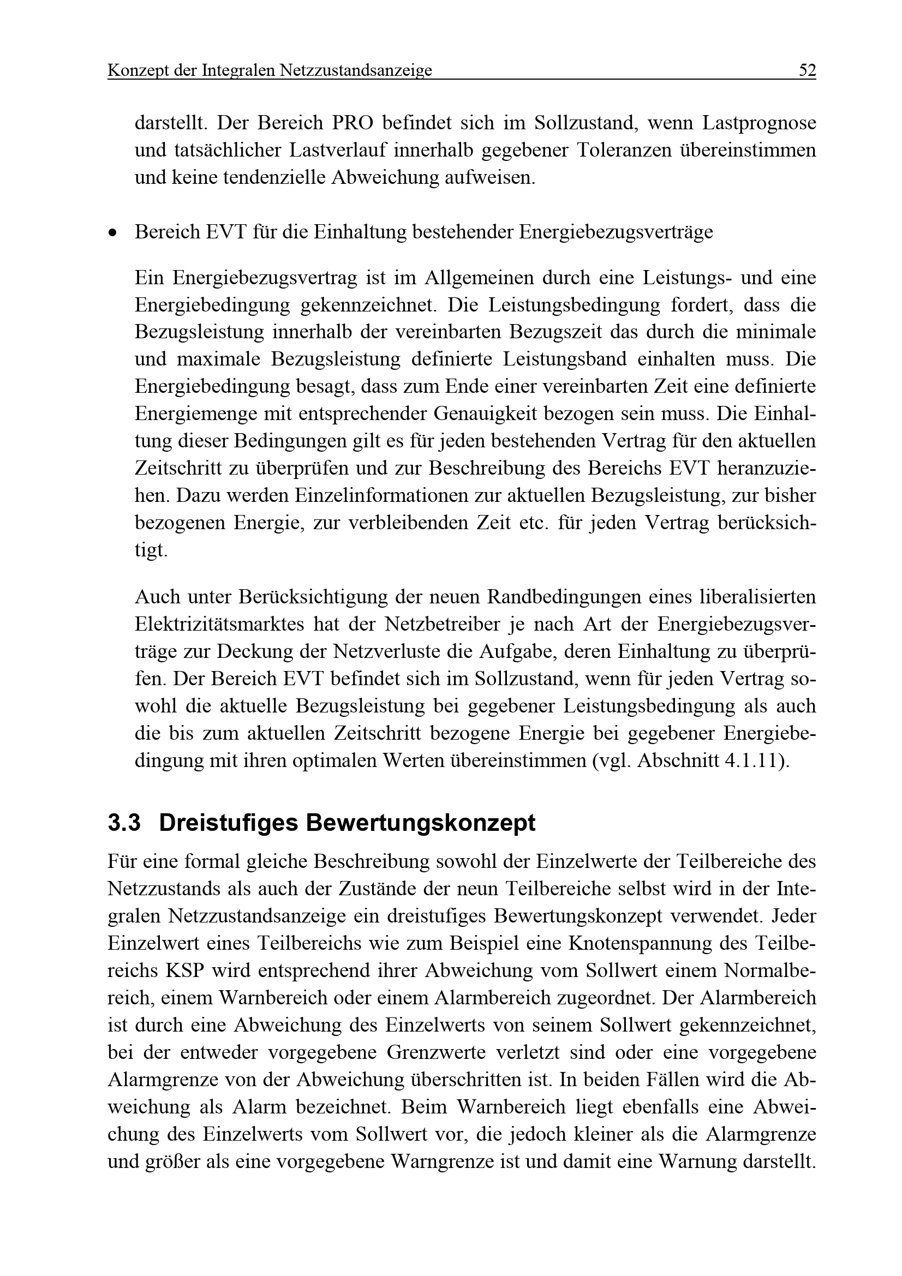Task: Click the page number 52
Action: pos(807,70)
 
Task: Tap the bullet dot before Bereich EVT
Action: pos(114,233)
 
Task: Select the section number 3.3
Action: pos(124,823)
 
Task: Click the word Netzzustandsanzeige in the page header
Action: pos(356,71)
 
